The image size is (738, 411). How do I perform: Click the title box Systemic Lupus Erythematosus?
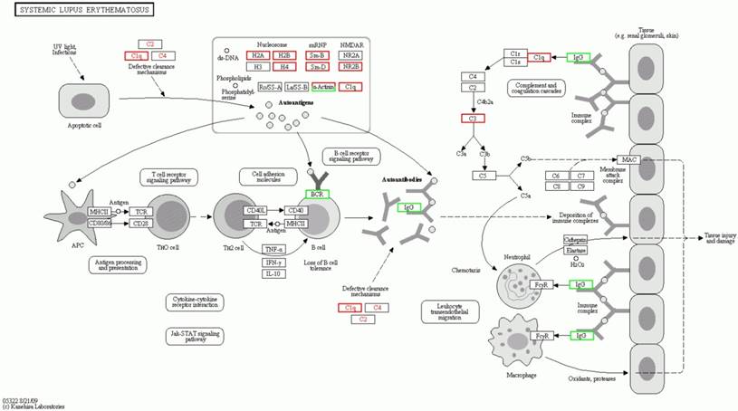pos(78,10)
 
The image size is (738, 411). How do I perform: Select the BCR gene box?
pos(317,194)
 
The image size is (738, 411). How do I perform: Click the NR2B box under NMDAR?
pos(350,66)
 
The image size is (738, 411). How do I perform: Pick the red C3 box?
pos(471,119)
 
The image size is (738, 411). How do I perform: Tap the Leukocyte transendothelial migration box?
pos(450,312)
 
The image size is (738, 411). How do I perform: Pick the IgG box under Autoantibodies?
pos(409,208)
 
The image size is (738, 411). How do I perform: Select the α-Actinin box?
pos(323,87)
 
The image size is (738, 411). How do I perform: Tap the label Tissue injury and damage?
pos(710,237)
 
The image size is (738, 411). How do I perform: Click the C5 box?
pos(484,175)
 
